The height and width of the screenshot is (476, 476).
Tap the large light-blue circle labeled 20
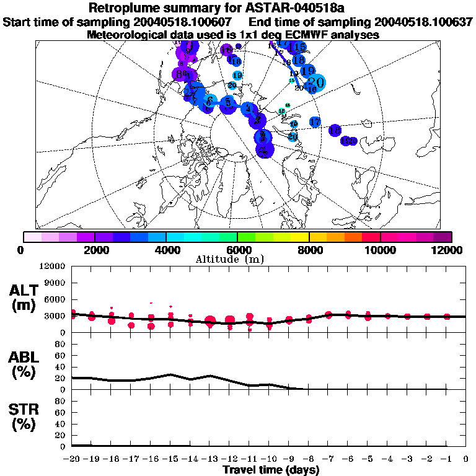click(x=315, y=82)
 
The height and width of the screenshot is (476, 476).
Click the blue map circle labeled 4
click(x=249, y=109)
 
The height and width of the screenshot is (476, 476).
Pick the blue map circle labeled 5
click(x=228, y=102)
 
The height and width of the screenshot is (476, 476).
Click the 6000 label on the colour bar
click(x=237, y=250)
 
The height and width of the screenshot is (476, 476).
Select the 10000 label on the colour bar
click(x=380, y=250)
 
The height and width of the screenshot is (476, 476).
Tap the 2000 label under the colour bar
click(x=94, y=250)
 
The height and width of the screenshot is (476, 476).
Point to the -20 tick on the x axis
click(x=72, y=459)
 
